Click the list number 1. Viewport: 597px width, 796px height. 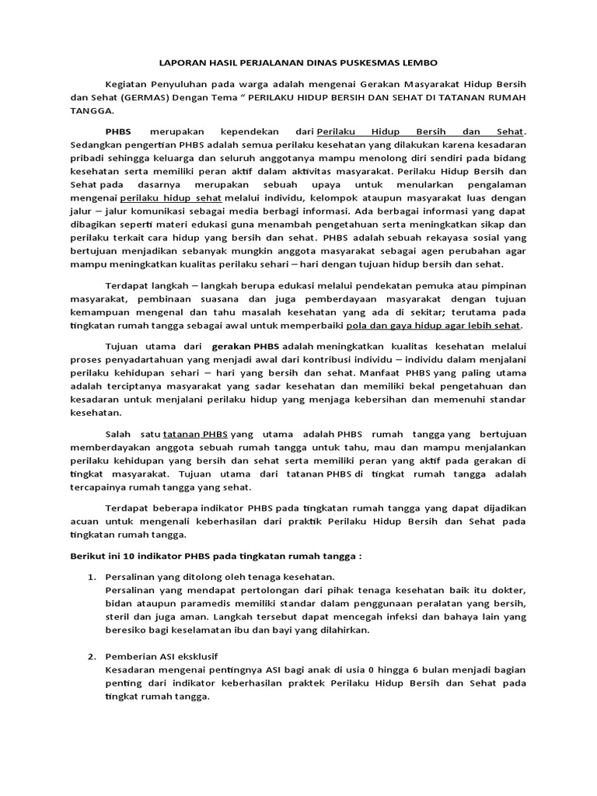[x=90, y=578]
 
